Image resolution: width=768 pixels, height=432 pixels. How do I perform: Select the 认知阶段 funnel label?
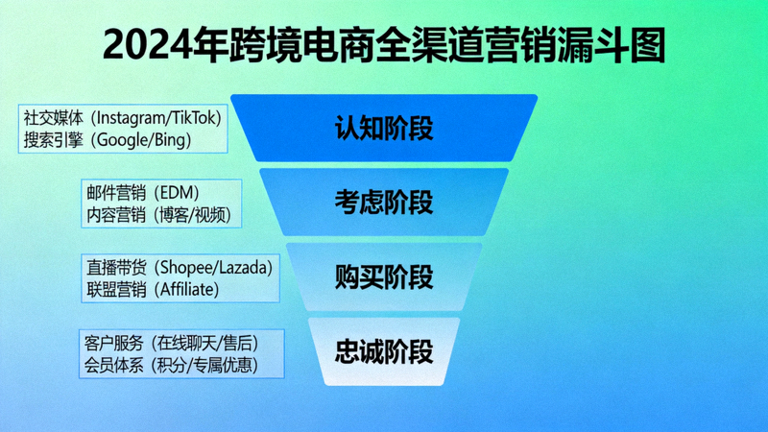click(384, 128)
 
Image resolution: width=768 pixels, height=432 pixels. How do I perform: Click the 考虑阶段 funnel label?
click(384, 203)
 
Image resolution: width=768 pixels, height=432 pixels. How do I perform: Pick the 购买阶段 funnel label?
click(384, 277)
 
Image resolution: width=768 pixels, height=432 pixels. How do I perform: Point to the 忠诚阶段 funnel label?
click(384, 351)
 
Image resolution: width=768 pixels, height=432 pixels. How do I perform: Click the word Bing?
click(170, 140)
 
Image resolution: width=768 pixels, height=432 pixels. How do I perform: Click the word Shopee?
click(185, 267)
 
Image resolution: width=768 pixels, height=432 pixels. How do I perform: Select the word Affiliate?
click(187, 289)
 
